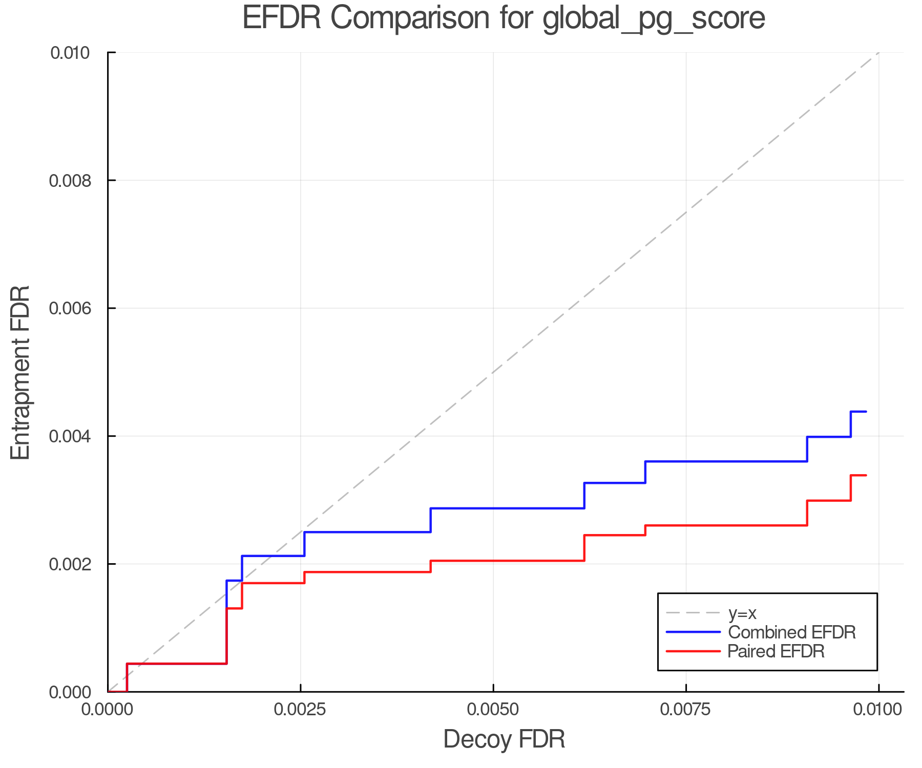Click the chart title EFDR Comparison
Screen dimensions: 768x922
coord(504,18)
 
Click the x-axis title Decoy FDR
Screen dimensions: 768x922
coord(504,739)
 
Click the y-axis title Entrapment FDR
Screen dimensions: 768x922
coord(20,372)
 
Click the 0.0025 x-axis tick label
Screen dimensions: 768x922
coord(300,710)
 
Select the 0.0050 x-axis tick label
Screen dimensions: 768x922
coord(493,710)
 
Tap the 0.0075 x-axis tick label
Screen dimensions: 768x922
coord(686,710)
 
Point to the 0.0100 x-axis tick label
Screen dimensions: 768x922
coord(878,710)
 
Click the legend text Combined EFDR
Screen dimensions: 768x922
coord(791,632)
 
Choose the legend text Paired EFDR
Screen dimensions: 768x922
coord(776,651)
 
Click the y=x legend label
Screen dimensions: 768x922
coord(742,613)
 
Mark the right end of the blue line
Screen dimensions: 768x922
coord(866,412)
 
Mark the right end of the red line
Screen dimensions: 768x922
coord(866,476)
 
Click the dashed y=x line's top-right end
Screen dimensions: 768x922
coord(878,53)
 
